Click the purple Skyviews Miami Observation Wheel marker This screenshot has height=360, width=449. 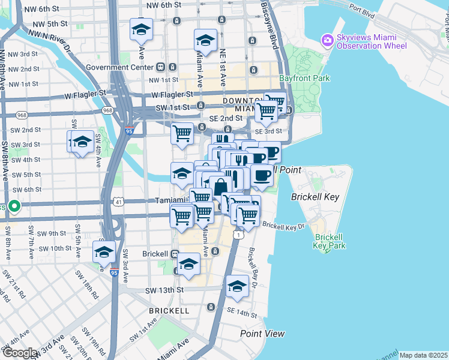(327, 41)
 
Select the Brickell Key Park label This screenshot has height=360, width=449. (330, 241)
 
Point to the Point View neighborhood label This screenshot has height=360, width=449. (262, 333)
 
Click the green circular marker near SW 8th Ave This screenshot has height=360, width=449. (14, 208)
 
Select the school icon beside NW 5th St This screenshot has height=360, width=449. (141, 29)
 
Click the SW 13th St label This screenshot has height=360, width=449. (163, 290)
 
